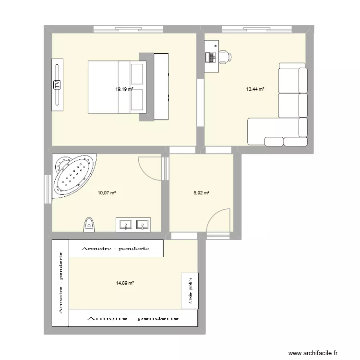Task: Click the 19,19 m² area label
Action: (123, 89)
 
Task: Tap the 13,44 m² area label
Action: (255, 89)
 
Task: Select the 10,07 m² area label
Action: (107, 193)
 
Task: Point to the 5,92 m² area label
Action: (202, 193)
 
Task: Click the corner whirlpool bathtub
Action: (73, 175)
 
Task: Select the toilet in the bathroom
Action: (89, 224)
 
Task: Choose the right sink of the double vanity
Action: (142, 224)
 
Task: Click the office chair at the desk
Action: (225, 57)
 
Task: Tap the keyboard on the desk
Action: (210, 57)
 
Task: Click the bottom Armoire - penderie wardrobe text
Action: (132, 318)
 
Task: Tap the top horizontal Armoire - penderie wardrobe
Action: (116, 249)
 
